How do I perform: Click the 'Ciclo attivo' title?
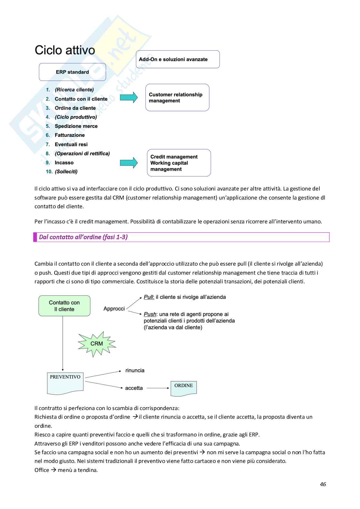(65, 50)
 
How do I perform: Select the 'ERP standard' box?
(72, 72)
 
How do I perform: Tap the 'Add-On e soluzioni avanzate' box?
(177, 59)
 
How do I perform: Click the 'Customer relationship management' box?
(177, 97)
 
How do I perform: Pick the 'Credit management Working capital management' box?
(179, 163)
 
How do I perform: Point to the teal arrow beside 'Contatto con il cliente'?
(129, 97)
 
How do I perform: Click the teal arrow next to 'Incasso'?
(129, 163)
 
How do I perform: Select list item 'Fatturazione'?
(70, 135)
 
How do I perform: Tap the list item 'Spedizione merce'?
(76, 126)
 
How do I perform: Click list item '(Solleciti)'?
(66, 171)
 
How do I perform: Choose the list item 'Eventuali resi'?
(71, 144)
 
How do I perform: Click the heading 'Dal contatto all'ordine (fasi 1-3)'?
(83, 237)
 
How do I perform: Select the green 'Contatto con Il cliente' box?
(64, 306)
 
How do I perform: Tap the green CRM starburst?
(96, 344)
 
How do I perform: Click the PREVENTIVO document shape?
(65, 383)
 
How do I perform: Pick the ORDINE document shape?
(184, 388)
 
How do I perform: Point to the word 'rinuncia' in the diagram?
(135, 370)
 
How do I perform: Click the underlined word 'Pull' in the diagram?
(149, 297)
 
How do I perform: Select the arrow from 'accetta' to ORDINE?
(158, 388)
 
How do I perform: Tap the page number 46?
(323, 484)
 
